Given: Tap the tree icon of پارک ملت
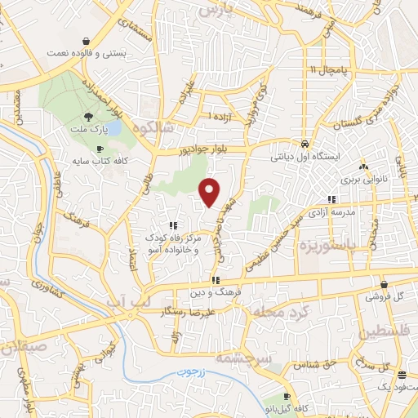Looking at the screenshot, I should [x=88, y=118].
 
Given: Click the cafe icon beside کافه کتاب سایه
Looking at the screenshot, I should [x=99, y=149].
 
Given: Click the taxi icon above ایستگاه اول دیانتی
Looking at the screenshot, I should [x=304, y=140].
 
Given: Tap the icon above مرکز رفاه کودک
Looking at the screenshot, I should [x=172, y=225].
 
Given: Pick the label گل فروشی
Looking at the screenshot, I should [x=376, y=298].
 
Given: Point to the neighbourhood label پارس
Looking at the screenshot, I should [x=240, y=9].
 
